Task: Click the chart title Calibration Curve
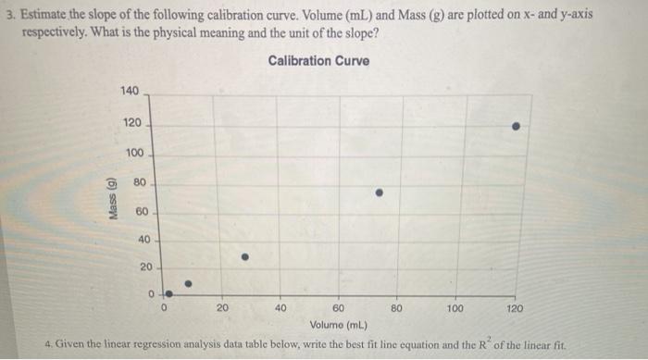click(x=318, y=61)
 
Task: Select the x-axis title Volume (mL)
click(x=339, y=324)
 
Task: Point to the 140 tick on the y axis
click(x=130, y=91)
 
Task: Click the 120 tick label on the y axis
click(x=132, y=123)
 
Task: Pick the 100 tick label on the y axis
click(x=135, y=152)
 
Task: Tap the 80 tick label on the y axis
click(x=140, y=182)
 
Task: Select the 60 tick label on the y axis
click(x=141, y=211)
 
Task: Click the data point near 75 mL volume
click(x=379, y=193)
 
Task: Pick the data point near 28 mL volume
click(x=244, y=257)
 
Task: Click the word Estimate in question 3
click(x=42, y=16)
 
